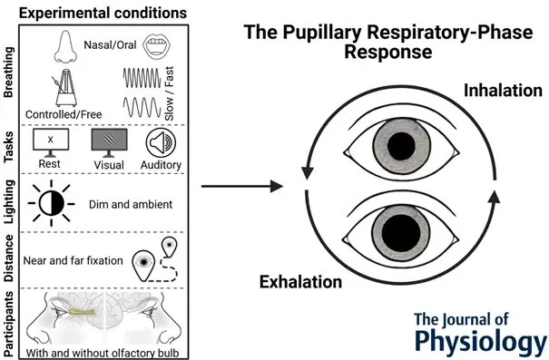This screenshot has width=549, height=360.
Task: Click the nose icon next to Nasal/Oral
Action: click(x=65, y=46)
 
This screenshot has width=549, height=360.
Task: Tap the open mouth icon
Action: click(x=156, y=46)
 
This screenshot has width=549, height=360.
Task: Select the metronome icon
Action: click(x=65, y=87)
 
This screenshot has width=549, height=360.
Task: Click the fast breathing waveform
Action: click(x=142, y=78)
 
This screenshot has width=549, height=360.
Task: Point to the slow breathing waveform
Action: click(x=142, y=107)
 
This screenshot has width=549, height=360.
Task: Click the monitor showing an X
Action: click(x=51, y=142)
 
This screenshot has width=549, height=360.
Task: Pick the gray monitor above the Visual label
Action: click(x=109, y=142)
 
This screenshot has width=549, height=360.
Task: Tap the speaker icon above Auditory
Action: click(x=161, y=142)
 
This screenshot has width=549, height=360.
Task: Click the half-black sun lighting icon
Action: click(x=52, y=203)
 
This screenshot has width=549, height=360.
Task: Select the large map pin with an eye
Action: click(x=143, y=265)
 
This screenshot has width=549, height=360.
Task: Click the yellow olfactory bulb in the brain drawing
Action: click(x=83, y=312)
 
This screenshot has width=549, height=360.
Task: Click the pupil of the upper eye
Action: click(x=401, y=146)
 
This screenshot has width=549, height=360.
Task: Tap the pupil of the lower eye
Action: click(x=401, y=232)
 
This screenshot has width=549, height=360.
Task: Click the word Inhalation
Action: click(x=503, y=91)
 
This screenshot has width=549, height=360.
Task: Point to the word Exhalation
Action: click(x=300, y=282)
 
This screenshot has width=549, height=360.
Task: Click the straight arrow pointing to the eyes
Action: click(x=242, y=186)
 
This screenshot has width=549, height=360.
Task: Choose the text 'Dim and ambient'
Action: click(x=131, y=204)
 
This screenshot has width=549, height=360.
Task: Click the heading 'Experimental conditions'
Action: click(x=103, y=13)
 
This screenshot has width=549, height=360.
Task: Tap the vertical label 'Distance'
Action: click(x=8, y=258)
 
